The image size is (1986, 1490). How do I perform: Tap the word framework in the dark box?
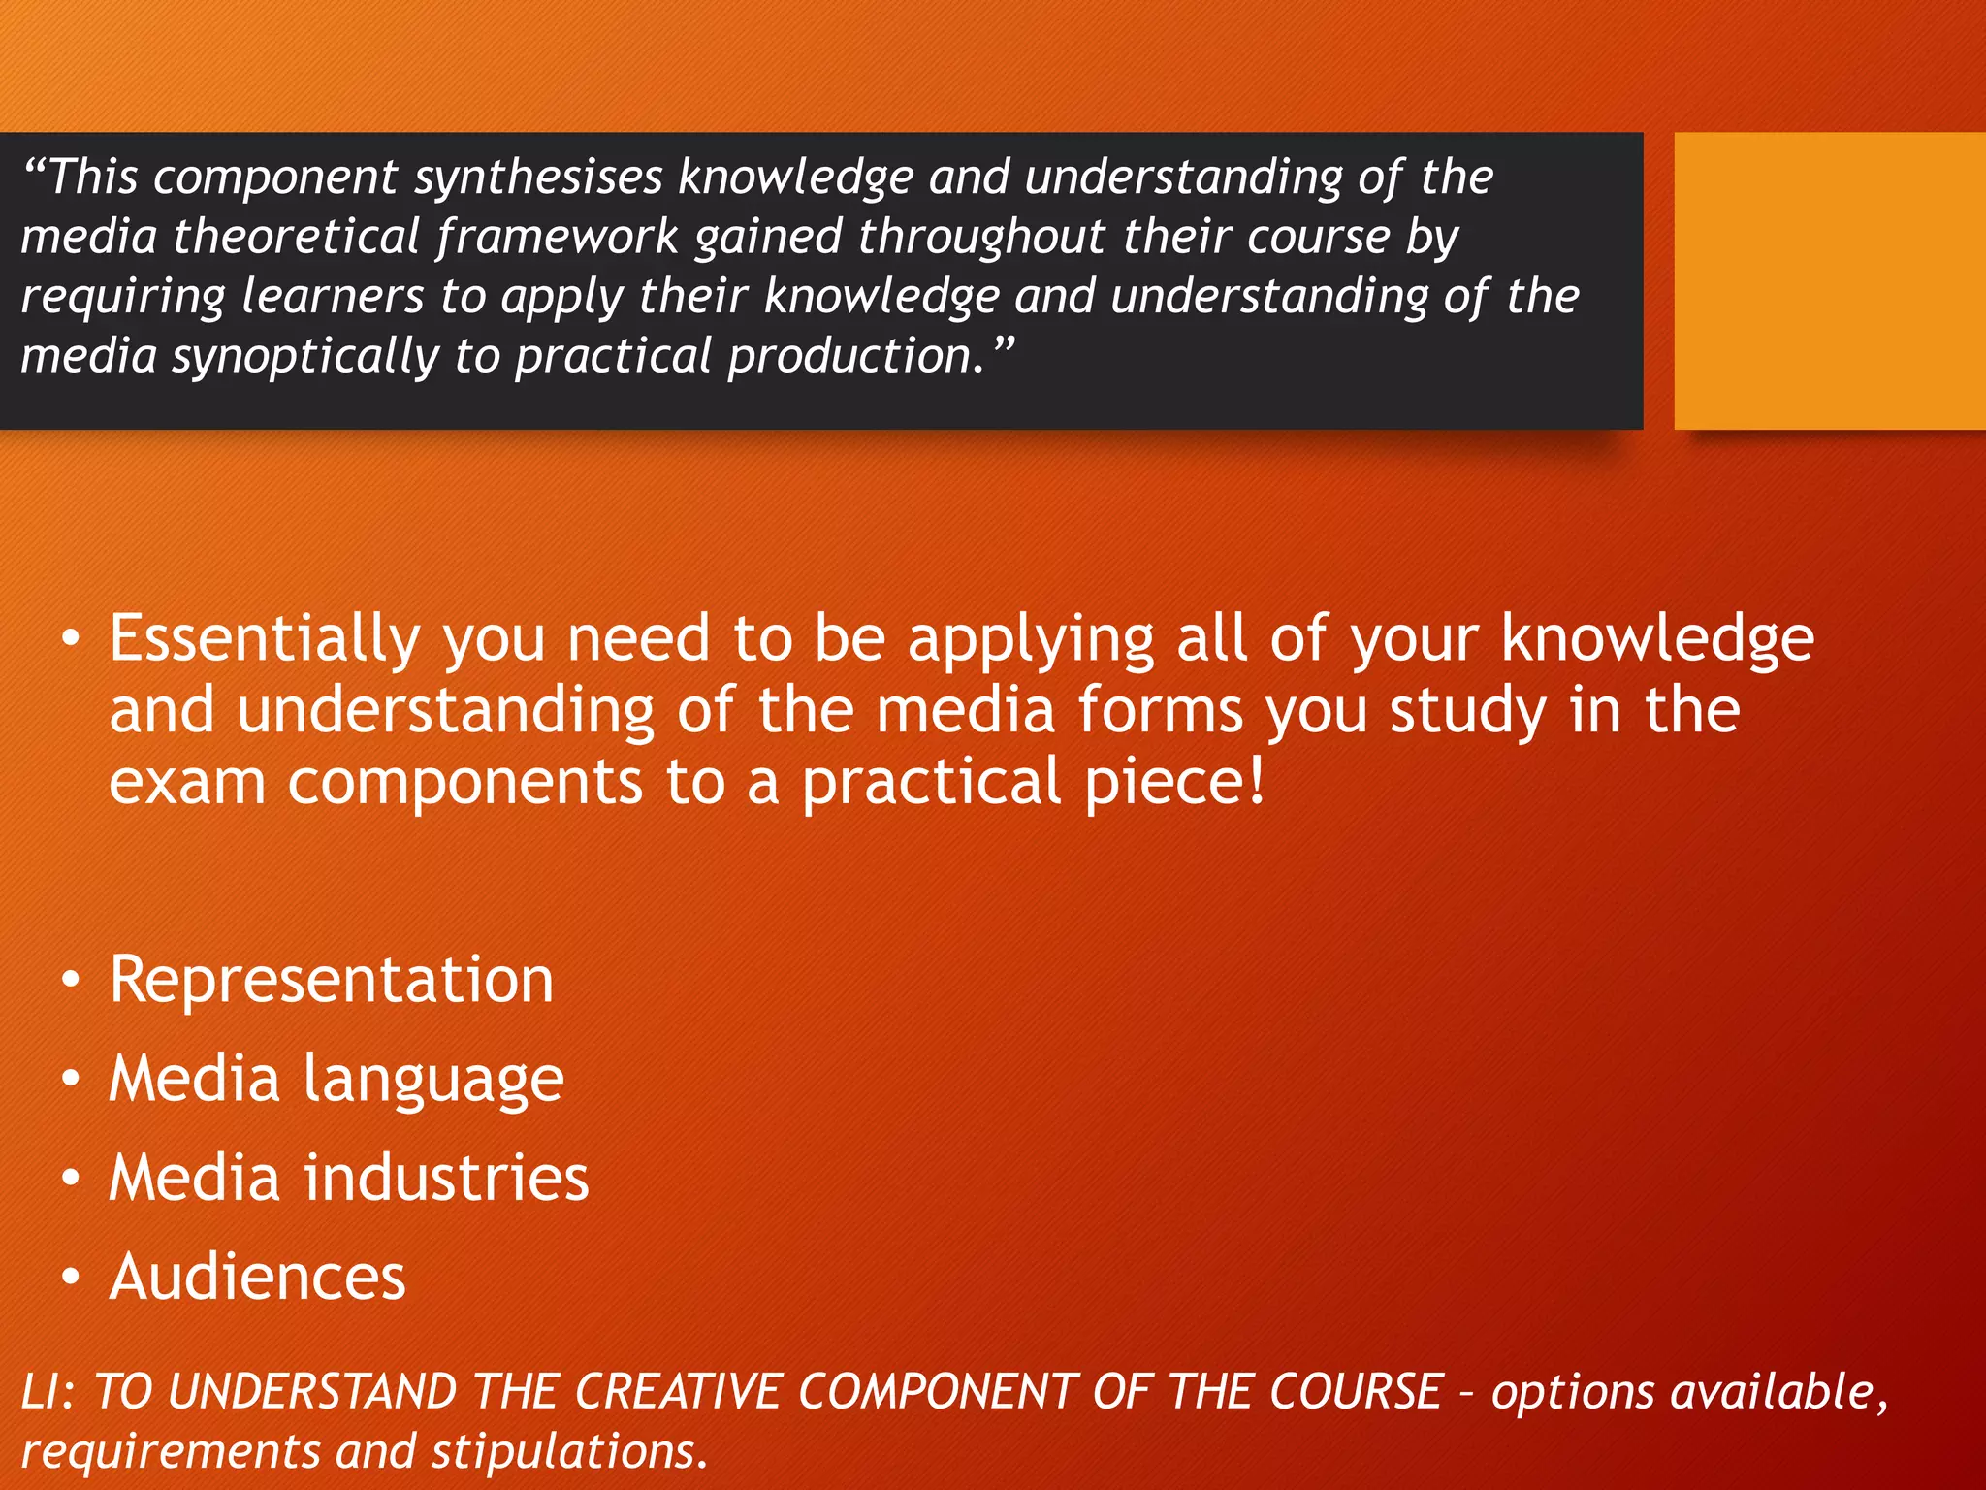pos(557,239)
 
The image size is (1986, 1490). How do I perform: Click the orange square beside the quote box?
pos(1829,280)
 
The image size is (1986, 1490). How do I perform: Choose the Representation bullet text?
pos(332,980)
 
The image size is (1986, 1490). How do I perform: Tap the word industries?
pos(446,1178)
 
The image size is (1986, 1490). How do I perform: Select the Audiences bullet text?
pos(258,1277)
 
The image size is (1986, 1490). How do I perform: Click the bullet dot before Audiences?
pos(70,1278)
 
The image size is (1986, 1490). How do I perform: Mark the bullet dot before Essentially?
pos(70,639)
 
